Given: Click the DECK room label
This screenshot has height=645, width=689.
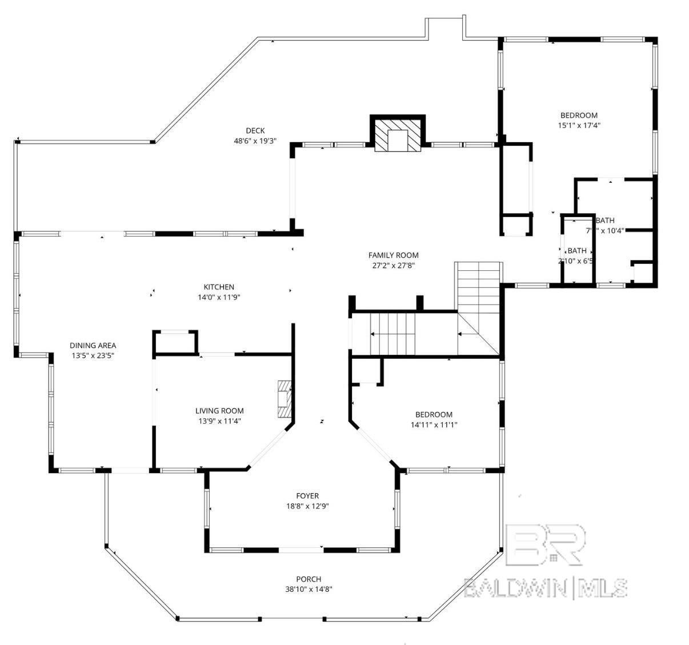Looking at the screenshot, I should click(x=255, y=131).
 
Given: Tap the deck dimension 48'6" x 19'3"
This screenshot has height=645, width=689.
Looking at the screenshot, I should click(x=255, y=141).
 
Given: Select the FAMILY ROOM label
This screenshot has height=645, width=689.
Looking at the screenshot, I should click(x=393, y=255).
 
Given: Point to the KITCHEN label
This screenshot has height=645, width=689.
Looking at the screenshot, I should click(x=219, y=287).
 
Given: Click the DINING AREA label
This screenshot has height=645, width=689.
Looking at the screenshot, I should click(x=93, y=345).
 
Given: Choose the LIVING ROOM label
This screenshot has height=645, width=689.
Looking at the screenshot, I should click(x=219, y=411).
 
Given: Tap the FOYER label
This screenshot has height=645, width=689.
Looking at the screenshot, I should click(x=307, y=496).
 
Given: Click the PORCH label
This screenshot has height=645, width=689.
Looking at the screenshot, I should click(x=309, y=579).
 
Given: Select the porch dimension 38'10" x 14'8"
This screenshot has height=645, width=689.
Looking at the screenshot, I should click(x=309, y=590).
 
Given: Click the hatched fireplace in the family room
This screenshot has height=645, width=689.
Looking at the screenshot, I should click(x=398, y=136).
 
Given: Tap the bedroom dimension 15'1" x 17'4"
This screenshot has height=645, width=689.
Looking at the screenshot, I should click(x=579, y=125).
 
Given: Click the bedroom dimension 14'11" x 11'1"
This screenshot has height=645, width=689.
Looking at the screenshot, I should click(x=434, y=424).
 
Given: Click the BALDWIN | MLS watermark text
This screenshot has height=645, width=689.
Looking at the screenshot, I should click(x=545, y=588).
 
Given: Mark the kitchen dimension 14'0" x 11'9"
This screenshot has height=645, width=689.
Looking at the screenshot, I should click(x=219, y=297).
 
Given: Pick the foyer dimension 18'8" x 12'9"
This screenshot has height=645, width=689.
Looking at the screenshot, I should click(x=307, y=506).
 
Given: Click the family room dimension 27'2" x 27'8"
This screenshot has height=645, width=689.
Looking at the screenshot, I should click(x=393, y=266).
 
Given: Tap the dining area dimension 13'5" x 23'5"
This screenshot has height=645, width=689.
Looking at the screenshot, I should click(x=93, y=355).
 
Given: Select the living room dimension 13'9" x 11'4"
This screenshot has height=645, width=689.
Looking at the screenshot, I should click(x=219, y=421).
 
